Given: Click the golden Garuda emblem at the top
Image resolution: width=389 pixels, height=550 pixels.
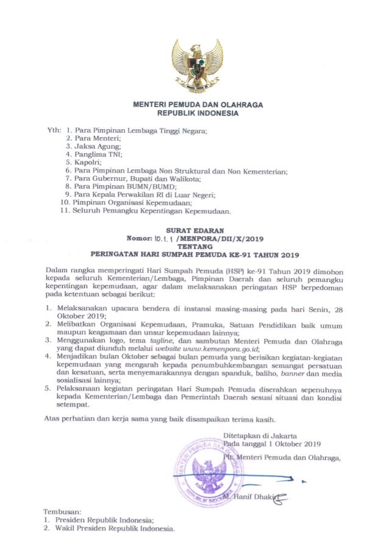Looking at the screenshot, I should pyautogui.click(x=195, y=65).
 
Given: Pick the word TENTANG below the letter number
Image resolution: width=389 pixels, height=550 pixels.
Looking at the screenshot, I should pyautogui.click(x=196, y=247).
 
